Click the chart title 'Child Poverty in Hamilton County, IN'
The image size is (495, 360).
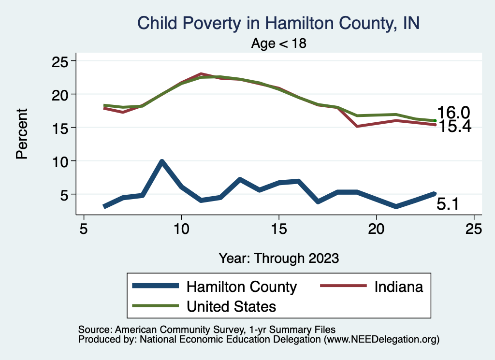click(278, 23)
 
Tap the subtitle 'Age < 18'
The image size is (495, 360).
click(278, 43)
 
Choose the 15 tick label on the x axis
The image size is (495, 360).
click(278, 229)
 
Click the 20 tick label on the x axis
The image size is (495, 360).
click(376, 229)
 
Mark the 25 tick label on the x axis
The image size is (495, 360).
click(474, 229)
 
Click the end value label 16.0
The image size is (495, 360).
click(453, 113)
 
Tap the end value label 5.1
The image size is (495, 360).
click(448, 204)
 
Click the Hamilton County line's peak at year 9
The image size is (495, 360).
click(162, 162)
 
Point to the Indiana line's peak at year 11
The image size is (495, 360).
click(201, 74)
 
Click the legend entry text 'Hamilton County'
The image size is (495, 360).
click(241, 287)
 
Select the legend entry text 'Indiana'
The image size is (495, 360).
click(398, 287)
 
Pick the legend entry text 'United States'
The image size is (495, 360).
click(231, 306)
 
